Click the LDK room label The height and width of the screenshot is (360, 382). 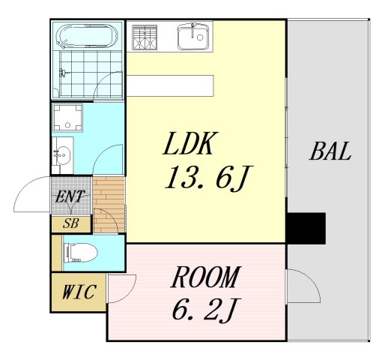190,144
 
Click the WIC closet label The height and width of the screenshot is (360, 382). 79,292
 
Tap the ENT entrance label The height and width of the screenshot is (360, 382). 71,198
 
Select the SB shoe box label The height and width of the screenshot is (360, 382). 71,223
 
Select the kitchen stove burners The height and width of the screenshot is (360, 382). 145,37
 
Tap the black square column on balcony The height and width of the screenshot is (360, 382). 306,228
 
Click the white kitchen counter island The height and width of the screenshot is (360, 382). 170,85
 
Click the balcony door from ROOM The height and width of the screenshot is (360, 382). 303,285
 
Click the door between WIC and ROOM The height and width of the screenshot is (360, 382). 122,288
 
